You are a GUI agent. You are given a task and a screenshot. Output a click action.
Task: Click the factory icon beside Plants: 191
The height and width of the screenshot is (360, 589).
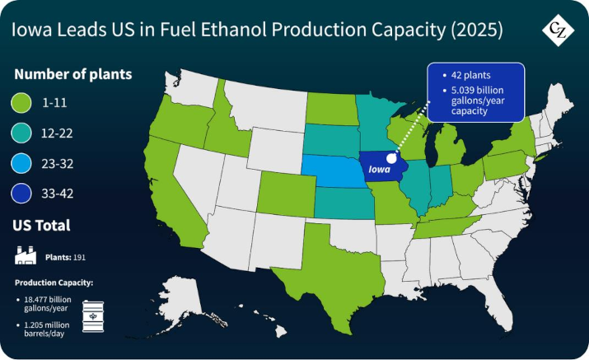26,255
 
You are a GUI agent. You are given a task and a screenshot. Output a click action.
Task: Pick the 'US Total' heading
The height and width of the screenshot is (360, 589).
41,225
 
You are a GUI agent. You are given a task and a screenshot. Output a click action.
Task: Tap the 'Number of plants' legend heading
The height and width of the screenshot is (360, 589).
73,74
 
